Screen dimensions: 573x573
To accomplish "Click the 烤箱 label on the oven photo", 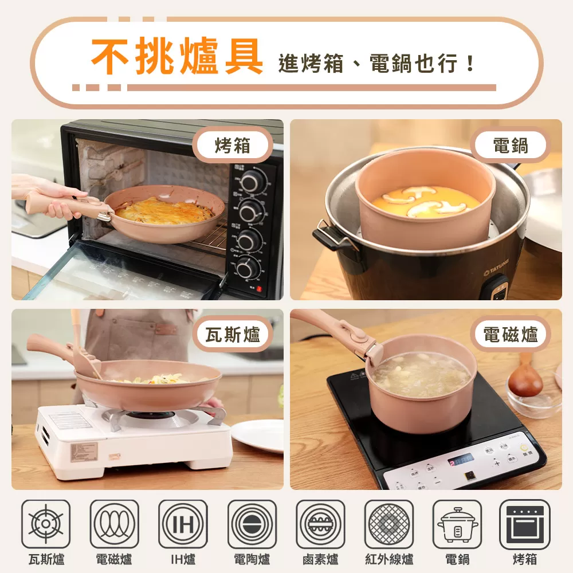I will (x=233, y=146).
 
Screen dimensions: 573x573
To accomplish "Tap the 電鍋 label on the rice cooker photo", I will (x=510, y=146).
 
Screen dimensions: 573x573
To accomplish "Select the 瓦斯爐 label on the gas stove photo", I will (x=233, y=334).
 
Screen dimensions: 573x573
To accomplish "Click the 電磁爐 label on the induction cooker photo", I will (x=510, y=335).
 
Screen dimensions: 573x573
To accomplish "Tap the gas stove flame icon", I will (x=46, y=524).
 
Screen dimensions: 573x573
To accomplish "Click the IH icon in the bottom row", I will (x=183, y=524).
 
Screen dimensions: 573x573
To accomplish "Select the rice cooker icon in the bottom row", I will (x=457, y=524).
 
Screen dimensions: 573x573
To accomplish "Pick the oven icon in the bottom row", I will (x=525, y=524).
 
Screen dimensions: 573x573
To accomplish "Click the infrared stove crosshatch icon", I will (x=389, y=524).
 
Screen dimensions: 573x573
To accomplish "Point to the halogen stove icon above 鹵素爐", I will (x=320, y=524).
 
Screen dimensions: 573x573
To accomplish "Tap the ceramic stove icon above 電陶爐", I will (x=252, y=524).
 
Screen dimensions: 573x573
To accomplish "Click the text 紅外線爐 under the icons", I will (x=389, y=559).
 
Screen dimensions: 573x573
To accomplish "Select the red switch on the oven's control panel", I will (x=259, y=289).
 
